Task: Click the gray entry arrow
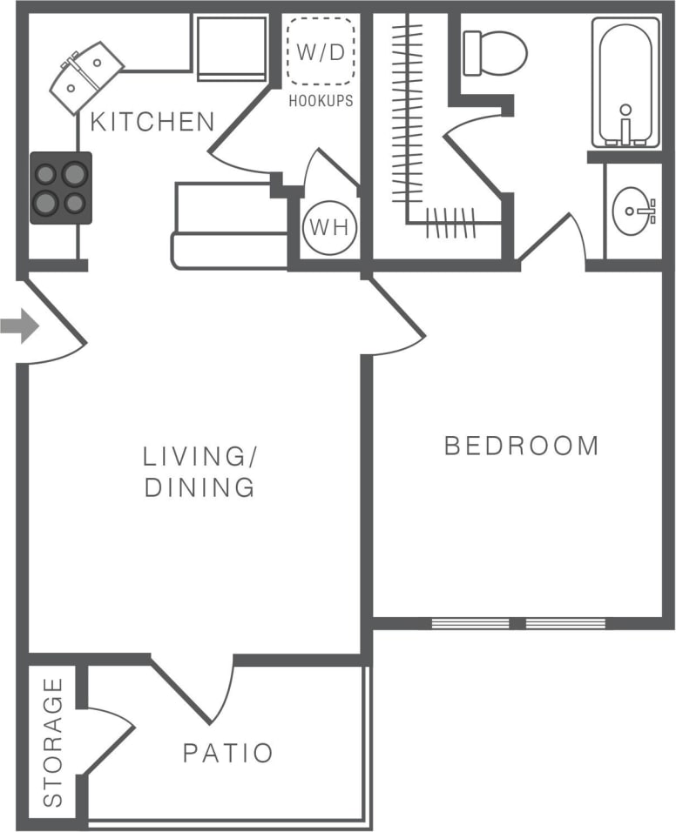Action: point(19,328)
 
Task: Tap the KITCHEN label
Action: point(152,122)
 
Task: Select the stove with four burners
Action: point(61,188)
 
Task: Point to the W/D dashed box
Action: point(321,51)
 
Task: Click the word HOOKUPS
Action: point(321,101)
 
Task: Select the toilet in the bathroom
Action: point(494,52)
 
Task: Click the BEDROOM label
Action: point(521,446)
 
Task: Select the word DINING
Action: point(199,487)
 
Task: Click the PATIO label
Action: point(228,753)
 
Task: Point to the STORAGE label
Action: point(54,741)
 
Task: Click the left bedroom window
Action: point(470,623)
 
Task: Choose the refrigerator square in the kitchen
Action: point(231,48)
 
